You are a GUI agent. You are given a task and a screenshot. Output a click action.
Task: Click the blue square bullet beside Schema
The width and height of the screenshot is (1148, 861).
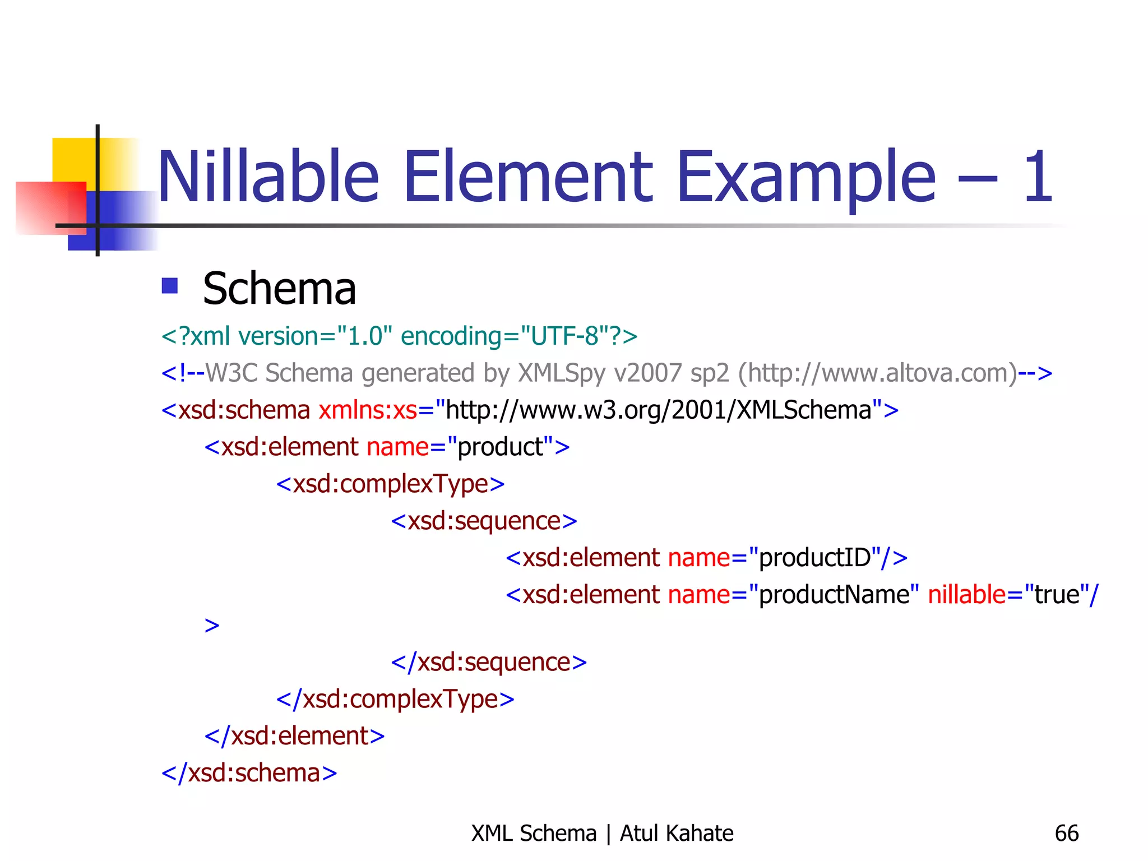pos(169,286)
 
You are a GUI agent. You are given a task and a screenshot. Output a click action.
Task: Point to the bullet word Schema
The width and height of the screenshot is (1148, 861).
pos(279,289)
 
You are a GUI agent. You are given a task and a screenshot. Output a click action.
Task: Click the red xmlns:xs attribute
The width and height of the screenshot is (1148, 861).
pos(368,410)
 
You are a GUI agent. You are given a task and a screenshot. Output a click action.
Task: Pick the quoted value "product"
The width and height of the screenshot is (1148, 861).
pos(501,447)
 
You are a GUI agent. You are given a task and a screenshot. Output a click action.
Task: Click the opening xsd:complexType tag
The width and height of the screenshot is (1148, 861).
pos(390,484)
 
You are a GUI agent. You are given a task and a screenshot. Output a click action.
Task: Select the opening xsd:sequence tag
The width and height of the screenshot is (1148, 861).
pos(484,521)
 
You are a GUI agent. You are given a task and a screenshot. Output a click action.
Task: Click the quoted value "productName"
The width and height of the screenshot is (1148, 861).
pos(834,595)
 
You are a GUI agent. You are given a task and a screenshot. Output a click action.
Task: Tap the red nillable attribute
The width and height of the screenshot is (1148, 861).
pos(966,595)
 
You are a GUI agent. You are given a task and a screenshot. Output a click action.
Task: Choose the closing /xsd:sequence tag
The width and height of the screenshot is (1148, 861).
pos(489,663)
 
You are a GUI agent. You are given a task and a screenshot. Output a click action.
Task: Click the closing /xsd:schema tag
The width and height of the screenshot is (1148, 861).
pos(249,773)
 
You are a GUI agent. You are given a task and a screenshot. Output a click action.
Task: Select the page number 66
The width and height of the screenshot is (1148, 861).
pos(1066,834)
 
